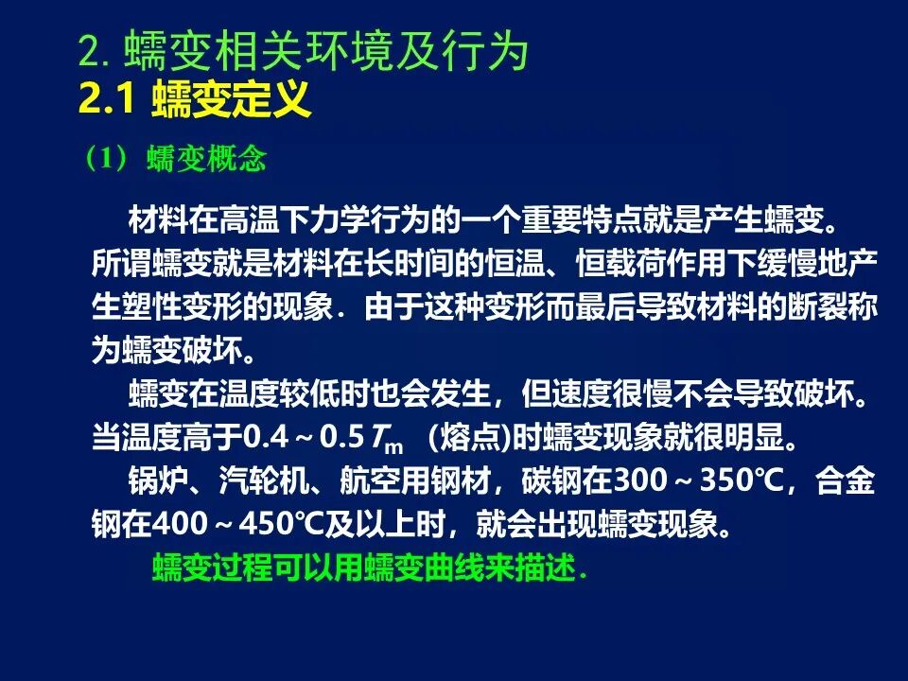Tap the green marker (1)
tap(106, 158)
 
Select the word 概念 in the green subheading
tap(236, 158)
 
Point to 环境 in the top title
tap(350, 50)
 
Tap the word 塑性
tap(152, 306)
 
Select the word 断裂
tap(817, 306)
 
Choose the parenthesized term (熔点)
tap(470, 437)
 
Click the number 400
tap(180, 524)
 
